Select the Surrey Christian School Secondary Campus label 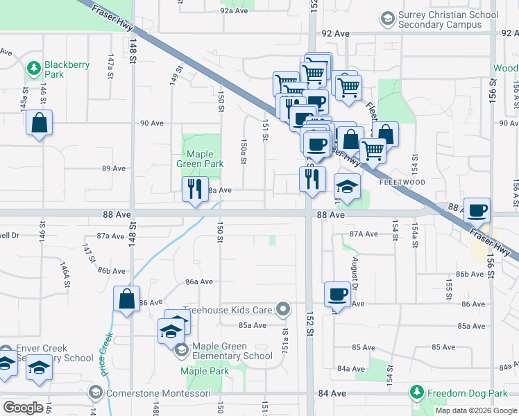[x=449, y=19]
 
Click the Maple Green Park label [x=204, y=159]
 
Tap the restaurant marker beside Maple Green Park [x=194, y=189]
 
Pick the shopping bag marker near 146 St [x=40, y=123]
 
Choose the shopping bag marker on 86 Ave [x=127, y=300]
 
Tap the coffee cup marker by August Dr [x=338, y=294]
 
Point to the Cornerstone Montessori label [x=148, y=393]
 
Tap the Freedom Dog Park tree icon [x=416, y=393]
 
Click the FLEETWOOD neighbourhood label [x=402, y=182]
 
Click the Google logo [x=24, y=408]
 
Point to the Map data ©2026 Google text [x=475, y=410]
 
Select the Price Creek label [x=106, y=356]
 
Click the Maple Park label [x=205, y=371]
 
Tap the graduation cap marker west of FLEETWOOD [x=348, y=187]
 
